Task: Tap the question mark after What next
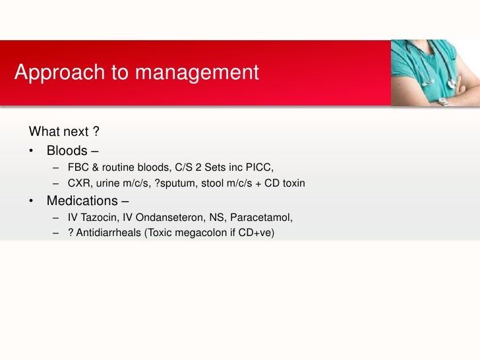coord(96,131)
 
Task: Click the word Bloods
coord(67,150)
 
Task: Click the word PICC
coord(268,167)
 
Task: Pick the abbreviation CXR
coord(79,183)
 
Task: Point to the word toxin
coord(291,183)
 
